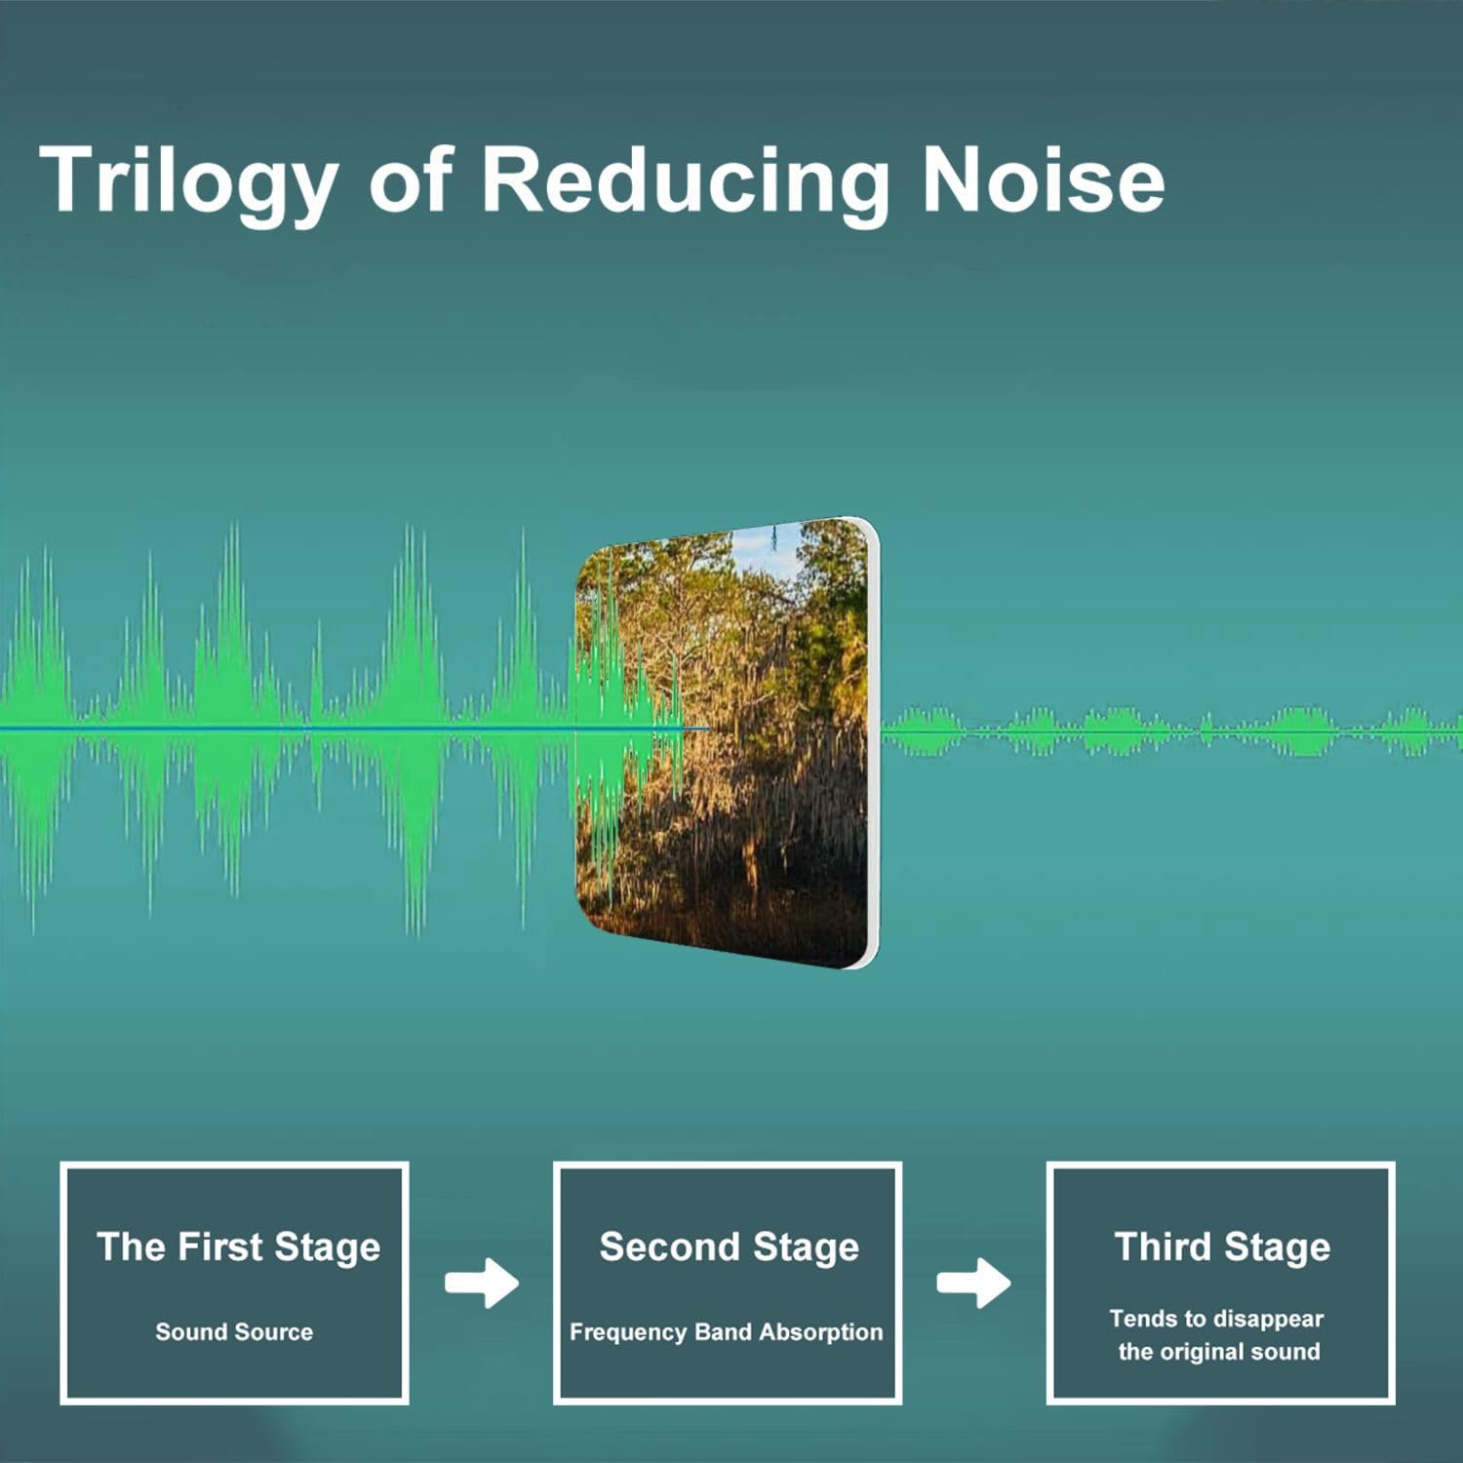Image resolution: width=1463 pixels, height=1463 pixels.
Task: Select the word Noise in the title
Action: pos(1043,178)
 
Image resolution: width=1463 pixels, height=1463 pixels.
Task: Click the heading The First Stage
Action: pos(238,1247)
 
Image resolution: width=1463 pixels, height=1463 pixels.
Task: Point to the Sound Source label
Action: pos(234,1331)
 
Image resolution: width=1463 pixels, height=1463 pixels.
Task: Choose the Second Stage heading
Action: pos(729,1247)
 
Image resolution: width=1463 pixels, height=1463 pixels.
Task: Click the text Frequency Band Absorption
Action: pos(726,1332)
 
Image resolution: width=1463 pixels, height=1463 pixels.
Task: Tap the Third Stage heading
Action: pos(1222,1247)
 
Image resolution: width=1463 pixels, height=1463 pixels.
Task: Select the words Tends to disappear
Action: pos(1216,1319)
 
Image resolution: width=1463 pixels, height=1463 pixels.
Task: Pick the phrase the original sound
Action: pos(1219,1352)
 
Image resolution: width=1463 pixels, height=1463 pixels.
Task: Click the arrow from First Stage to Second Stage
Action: pos(482,1283)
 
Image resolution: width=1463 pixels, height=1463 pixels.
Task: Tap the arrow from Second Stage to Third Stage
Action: pos(973,1283)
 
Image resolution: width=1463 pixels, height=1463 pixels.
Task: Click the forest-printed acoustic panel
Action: pos(727,743)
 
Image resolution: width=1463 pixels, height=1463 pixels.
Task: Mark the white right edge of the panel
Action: pos(872,743)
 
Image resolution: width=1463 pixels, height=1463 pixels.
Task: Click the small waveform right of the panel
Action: pos(1170,731)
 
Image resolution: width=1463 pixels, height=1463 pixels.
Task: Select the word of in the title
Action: pos(411,178)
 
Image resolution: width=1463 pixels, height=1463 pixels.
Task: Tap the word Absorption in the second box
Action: pos(820,1332)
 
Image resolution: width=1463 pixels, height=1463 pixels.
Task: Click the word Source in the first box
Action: pos(274,1331)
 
